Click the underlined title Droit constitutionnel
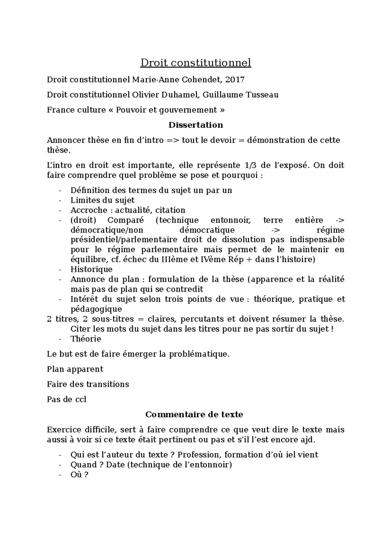(x=195, y=62)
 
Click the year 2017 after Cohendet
(x=235, y=79)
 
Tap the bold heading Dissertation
(x=195, y=125)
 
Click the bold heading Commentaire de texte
(x=194, y=415)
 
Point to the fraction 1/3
(x=250, y=165)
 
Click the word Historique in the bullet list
(x=91, y=269)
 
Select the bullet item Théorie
(x=86, y=339)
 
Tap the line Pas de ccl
(x=66, y=399)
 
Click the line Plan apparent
(x=75, y=369)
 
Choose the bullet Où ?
(x=79, y=475)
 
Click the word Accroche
(x=89, y=210)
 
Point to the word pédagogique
(x=96, y=309)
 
